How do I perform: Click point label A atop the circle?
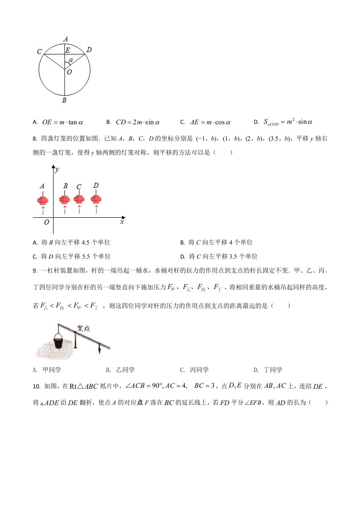click(65, 39)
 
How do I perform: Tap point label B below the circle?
click(64, 100)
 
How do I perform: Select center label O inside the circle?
click(69, 72)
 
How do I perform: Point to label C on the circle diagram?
click(39, 52)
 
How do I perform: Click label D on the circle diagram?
click(89, 50)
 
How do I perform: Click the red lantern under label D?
click(96, 200)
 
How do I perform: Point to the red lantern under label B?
click(65, 200)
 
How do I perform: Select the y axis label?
click(57, 170)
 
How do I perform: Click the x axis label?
click(122, 222)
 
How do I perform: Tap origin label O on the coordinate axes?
click(46, 222)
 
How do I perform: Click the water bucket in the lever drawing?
click(58, 340)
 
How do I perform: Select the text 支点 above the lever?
click(83, 328)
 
